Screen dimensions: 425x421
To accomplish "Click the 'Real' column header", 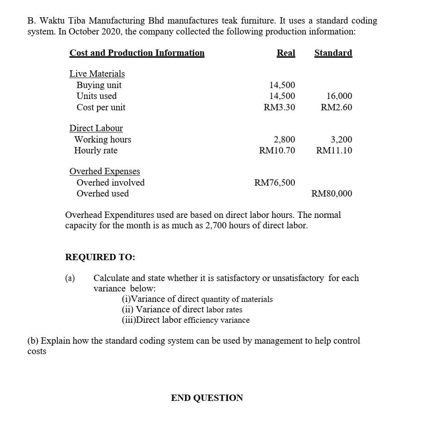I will pyautogui.click(x=286, y=53).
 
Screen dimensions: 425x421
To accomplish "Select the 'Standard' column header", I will pyautogui.click(x=333, y=53).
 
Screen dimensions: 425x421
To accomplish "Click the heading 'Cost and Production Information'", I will pyautogui.click(x=137, y=53).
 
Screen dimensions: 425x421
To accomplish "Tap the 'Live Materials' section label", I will pyautogui.click(x=97, y=74).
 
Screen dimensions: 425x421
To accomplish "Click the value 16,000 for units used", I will pyautogui.click(x=339, y=96).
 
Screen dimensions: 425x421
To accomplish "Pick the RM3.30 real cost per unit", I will pyautogui.click(x=279, y=108).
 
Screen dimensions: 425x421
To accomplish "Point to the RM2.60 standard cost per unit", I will pyautogui.click(x=336, y=108).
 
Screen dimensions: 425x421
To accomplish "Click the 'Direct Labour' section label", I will pyautogui.click(x=96, y=128).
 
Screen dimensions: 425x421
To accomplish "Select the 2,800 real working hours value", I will pyautogui.click(x=284, y=139).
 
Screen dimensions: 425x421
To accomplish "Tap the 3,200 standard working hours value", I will pyautogui.click(x=341, y=139).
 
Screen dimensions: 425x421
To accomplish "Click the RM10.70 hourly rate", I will pyautogui.click(x=277, y=150).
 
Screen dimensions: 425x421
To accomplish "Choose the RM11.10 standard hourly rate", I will pyautogui.click(x=334, y=150).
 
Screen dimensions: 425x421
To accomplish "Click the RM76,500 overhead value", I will pyautogui.click(x=274, y=183).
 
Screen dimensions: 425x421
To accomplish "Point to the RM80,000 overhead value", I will pyautogui.click(x=332, y=194).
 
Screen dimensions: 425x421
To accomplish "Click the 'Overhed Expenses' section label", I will pyautogui.click(x=105, y=172).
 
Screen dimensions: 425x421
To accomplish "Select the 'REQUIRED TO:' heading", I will pyautogui.click(x=100, y=257).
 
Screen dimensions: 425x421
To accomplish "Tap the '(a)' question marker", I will pyautogui.click(x=70, y=278).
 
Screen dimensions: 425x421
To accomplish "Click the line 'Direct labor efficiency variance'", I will pyautogui.click(x=186, y=320).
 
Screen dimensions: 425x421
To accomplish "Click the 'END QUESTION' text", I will pyautogui.click(x=207, y=398).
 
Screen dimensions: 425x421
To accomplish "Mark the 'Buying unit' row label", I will pyautogui.click(x=99, y=85).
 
